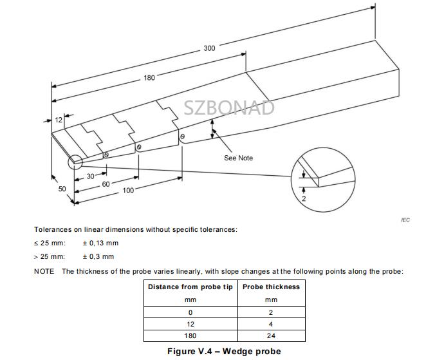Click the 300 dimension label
click(x=210, y=48)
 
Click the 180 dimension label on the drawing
click(x=149, y=78)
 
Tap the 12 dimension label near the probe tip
click(x=59, y=120)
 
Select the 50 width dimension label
click(x=62, y=189)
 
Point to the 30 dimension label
click(x=91, y=176)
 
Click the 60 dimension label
click(x=106, y=184)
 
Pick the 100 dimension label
click(x=128, y=190)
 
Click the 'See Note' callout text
click(x=238, y=158)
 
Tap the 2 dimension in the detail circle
click(x=304, y=199)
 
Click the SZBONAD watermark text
click(x=229, y=107)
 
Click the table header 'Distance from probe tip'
click(x=190, y=287)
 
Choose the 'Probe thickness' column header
click(x=271, y=287)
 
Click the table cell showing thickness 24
click(x=271, y=336)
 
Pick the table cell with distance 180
click(x=190, y=336)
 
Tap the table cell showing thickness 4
click(x=271, y=324)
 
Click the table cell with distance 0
click(x=190, y=312)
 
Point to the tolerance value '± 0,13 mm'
click(x=100, y=243)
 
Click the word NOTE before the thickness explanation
click(x=44, y=271)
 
